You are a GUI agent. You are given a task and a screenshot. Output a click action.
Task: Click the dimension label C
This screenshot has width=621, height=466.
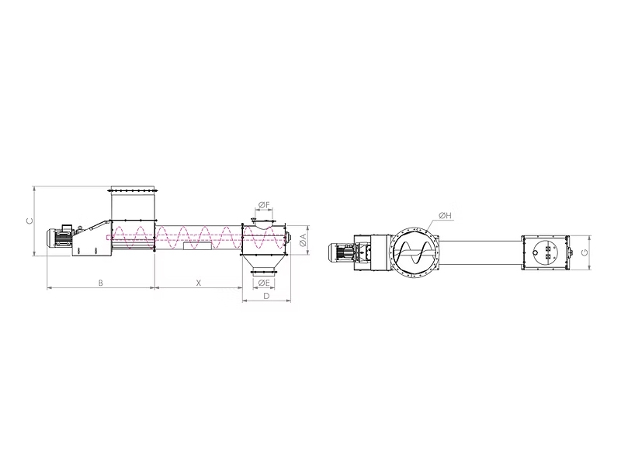tap(29, 221)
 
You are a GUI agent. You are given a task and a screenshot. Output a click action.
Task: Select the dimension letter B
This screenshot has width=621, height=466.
tap(101, 283)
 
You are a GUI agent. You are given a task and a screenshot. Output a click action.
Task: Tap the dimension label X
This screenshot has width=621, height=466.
tap(199, 283)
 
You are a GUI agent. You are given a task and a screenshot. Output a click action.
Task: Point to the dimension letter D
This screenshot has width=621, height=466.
tap(266, 296)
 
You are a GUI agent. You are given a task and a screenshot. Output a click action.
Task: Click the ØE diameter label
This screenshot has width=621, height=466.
tap(264, 283)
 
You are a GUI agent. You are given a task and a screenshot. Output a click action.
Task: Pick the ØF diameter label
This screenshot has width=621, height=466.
tap(264, 205)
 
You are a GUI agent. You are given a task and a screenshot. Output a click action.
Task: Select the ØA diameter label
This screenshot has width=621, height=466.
tap(303, 240)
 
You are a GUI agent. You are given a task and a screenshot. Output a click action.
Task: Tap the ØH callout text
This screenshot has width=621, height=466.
tap(445, 216)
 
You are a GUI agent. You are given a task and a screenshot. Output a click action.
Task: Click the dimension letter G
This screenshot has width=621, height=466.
tap(585, 252)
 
